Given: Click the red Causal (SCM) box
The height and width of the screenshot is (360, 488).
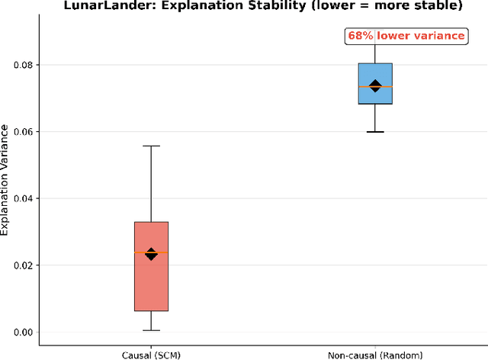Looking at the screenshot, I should point(151,286).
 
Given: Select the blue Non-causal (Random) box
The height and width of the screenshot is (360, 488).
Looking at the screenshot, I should point(375,72).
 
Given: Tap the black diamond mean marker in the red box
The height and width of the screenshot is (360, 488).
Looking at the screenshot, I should point(151,254).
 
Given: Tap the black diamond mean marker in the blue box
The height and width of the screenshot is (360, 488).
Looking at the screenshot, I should point(375,86).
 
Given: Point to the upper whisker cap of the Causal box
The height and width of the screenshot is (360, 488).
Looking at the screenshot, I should point(151,146).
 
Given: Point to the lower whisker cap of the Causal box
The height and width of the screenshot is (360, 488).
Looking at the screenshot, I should point(151,330).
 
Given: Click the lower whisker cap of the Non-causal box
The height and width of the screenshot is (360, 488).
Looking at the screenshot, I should point(375,132).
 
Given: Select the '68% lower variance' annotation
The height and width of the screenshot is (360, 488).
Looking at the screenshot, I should point(406,36).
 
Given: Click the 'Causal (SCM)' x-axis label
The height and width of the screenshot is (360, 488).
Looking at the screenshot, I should point(151,355).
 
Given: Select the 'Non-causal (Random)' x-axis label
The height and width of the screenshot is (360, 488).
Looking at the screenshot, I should point(375,355).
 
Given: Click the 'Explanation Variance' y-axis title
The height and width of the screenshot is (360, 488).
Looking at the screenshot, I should point(5,183).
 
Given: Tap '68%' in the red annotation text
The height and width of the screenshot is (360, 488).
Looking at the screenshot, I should point(359,36).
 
